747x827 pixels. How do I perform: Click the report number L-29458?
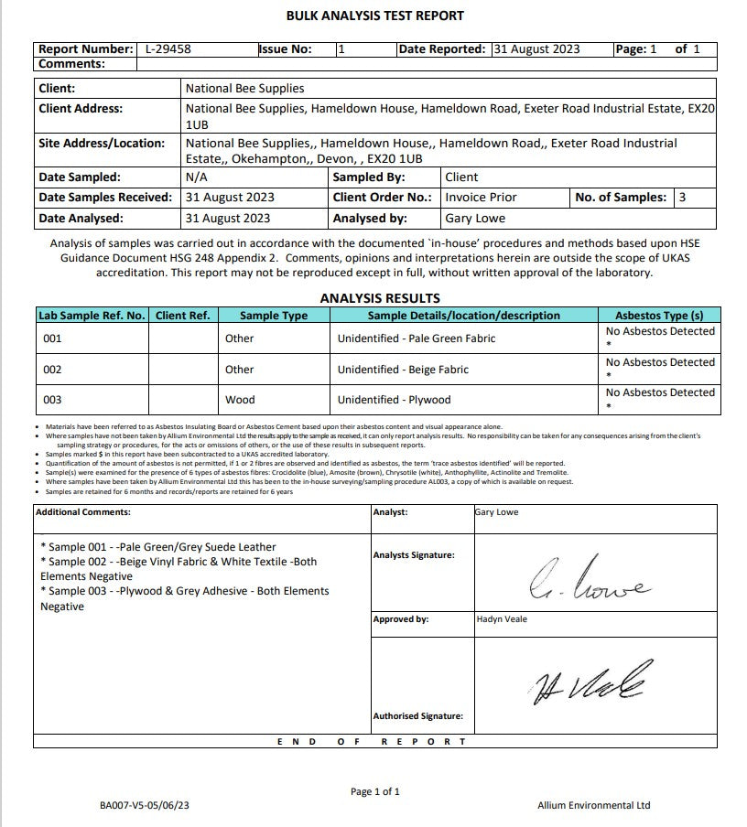(168, 49)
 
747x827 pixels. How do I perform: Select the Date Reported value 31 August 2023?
(536, 49)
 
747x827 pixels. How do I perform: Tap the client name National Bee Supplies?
(244, 89)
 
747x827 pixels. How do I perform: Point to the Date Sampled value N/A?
(195, 177)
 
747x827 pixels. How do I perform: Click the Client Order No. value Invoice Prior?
(481, 198)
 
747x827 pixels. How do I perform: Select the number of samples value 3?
(682, 198)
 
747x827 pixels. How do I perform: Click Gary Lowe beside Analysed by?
(474, 219)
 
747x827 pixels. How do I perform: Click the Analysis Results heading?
(380, 298)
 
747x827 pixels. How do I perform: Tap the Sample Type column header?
(274, 316)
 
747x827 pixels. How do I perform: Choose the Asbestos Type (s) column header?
(659, 316)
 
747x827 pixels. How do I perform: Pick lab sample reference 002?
(52, 370)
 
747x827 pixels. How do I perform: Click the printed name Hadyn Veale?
(503, 619)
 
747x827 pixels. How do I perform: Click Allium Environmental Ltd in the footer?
(593, 806)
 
